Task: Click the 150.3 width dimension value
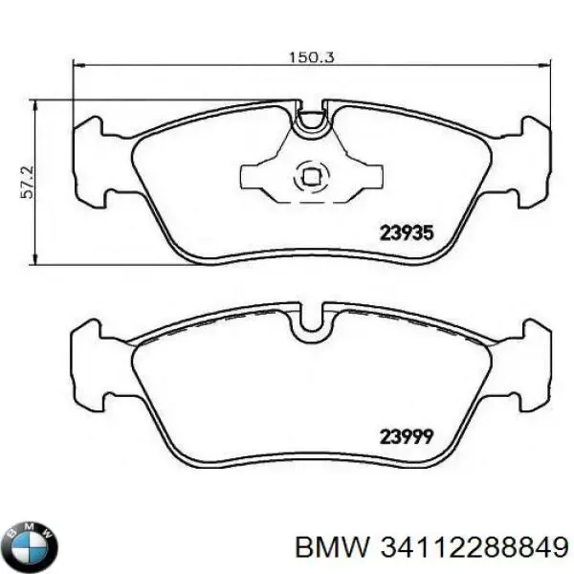point(312,57)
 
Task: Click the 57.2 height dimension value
point(28,183)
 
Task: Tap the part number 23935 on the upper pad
point(408,232)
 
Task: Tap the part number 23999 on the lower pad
point(408,436)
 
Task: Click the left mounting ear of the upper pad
point(89,163)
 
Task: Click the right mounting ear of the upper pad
point(535,163)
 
